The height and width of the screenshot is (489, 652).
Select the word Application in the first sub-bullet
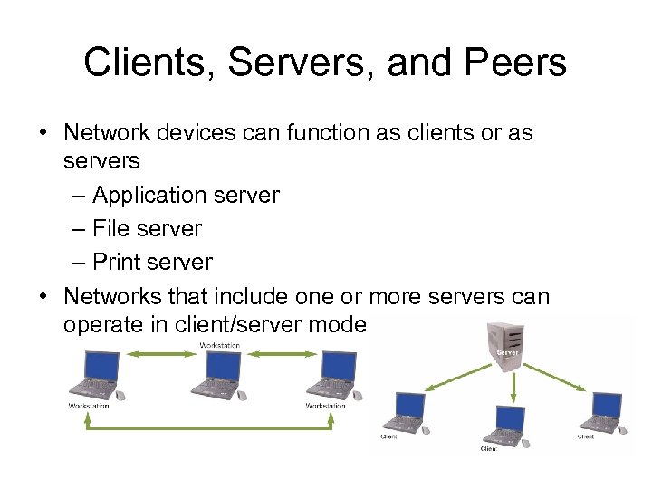click(x=150, y=195)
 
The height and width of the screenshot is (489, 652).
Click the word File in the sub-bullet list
click(x=110, y=228)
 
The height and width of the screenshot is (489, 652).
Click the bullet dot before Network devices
click(x=43, y=133)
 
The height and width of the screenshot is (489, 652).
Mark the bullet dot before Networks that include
click(x=43, y=297)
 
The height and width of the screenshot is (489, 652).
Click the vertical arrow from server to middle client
click(x=513, y=388)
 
